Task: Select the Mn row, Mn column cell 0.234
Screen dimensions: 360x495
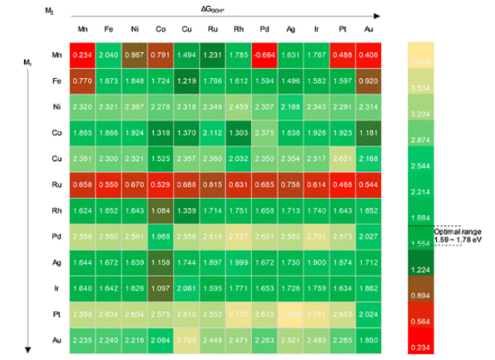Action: (x=82, y=55)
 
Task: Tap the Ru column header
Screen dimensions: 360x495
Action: (x=212, y=29)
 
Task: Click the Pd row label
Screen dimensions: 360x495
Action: (x=57, y=236)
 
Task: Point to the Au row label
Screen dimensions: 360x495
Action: (x=57, y=339)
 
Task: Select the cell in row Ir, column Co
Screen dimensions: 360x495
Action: (x=160, y=288)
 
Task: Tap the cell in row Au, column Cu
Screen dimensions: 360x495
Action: (x=186, y=339)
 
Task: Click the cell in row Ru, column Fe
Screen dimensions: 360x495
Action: (x=108, y=184)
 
